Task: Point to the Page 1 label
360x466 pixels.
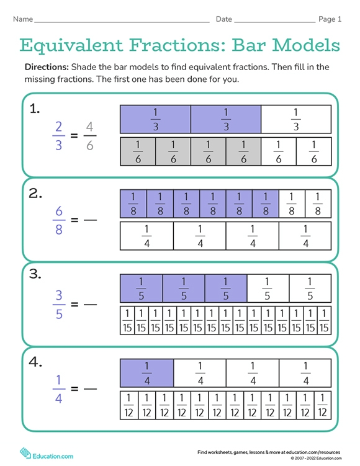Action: [x=330, y=19]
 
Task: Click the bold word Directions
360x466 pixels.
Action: [x=47, y=67]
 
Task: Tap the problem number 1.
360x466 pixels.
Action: [x=35, y=109]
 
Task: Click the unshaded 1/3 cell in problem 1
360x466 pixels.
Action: [x=295, y=119]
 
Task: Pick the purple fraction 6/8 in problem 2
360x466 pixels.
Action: [x=58, y=220]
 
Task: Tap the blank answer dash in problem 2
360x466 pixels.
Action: [x=91, y=220]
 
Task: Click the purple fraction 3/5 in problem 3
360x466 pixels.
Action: [x=58, y=304]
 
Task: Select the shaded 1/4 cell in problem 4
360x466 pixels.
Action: [x=147, y=374]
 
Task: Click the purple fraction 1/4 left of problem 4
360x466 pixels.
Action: [x=58, y=389]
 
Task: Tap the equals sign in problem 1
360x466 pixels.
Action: [x=74, y=135]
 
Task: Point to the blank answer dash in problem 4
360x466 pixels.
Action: [x=91, y=389]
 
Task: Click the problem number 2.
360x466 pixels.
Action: [x=35, y=194]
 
